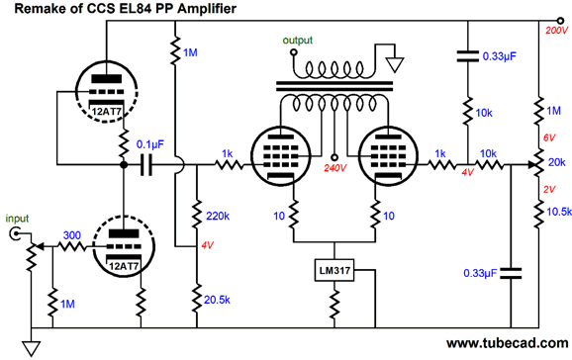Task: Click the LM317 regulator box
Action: pos(331,271)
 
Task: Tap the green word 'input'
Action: pos(18,218)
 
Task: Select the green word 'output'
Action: pos(298,41)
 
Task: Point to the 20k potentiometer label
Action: pos(555,163)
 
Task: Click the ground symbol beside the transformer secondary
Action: pos(396,65)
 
